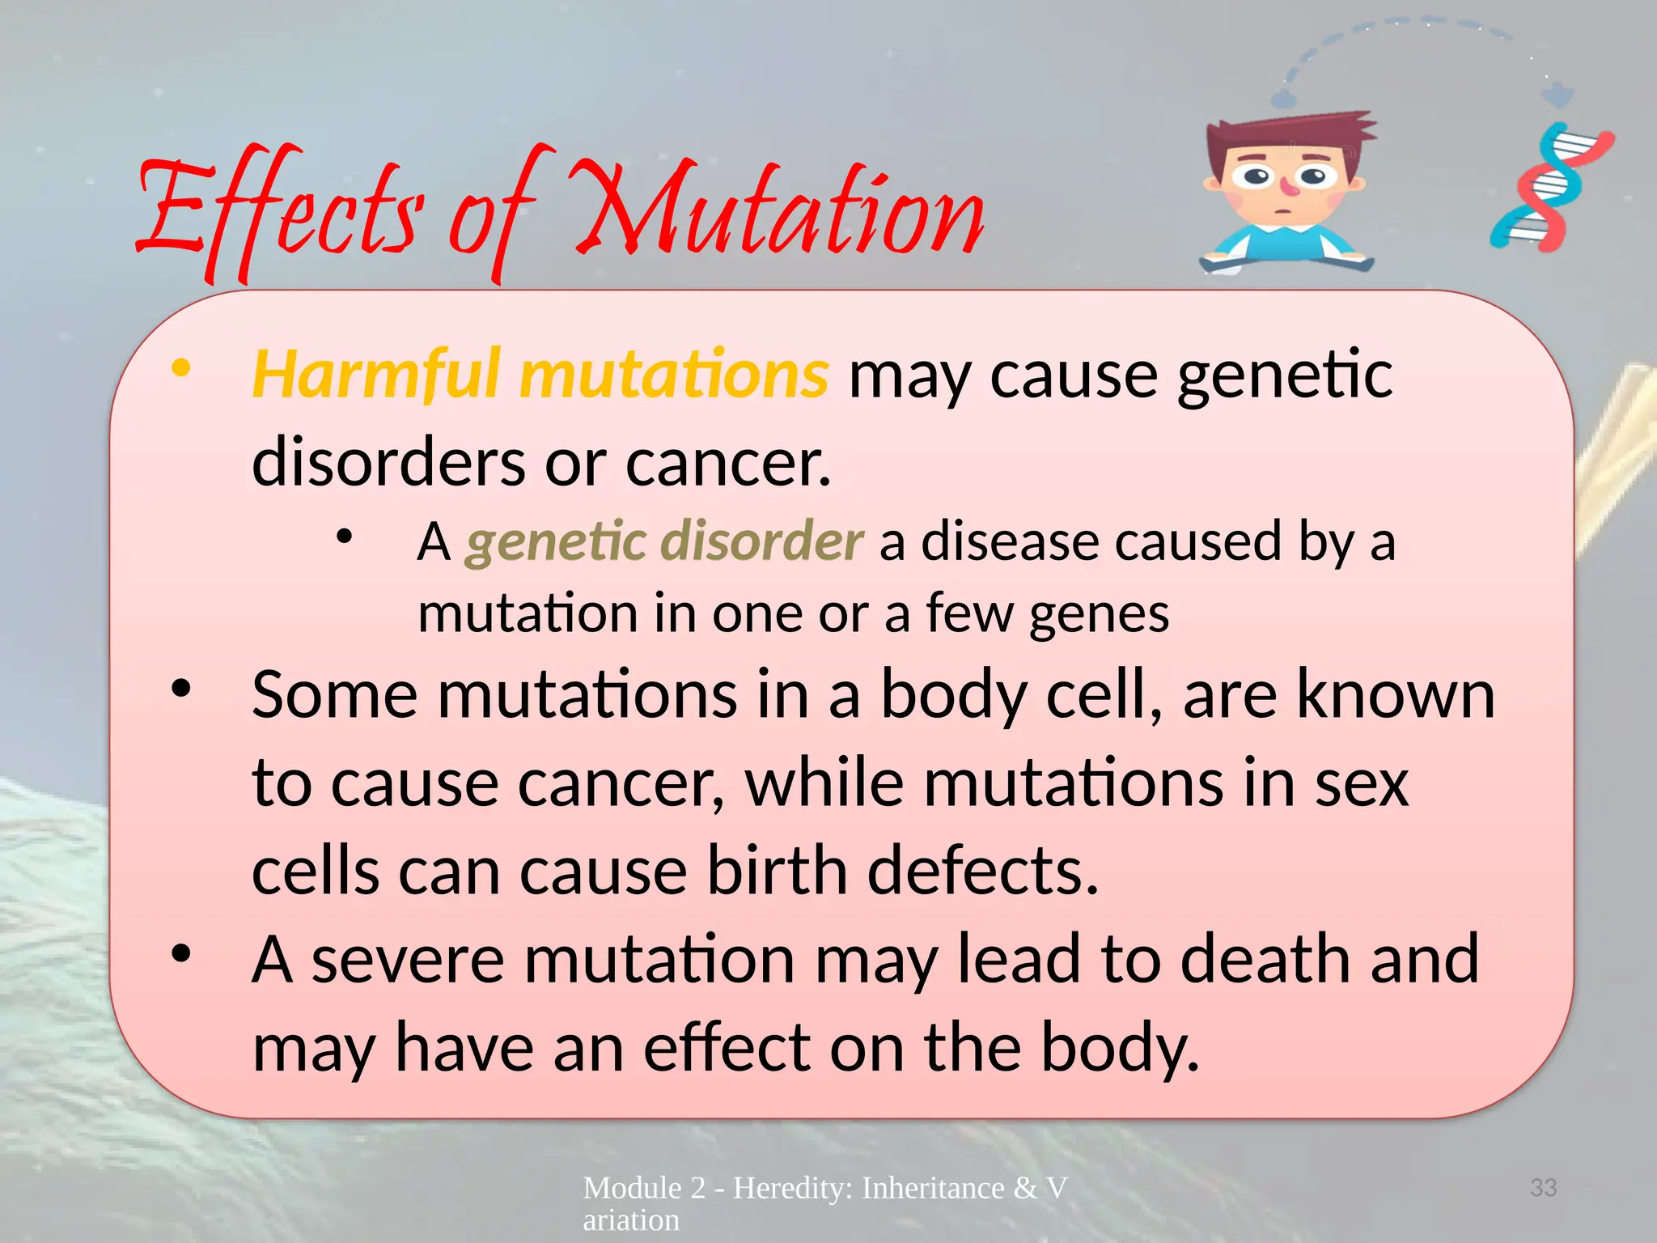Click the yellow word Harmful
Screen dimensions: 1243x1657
pyautogui.click(x=377, y=374)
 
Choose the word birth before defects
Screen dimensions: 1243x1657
pyautogui.click(x=777, y=871)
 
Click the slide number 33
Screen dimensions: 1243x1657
pyautogui.click(x=1543, y=1188)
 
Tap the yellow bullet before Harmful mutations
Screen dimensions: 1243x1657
pyautogui.click(x=180, y=369)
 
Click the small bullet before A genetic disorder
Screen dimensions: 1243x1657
pyautogui.click(x=345, y=536)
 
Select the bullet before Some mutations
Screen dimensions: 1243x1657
pyautogui.click(x=180, y=689)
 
